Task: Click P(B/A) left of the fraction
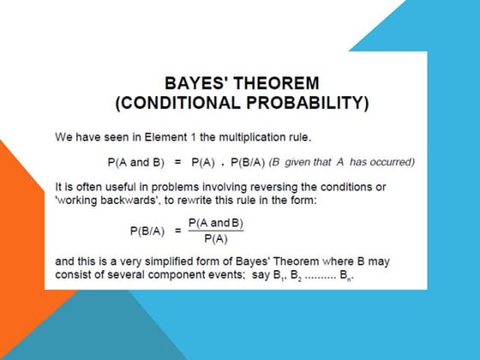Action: (147, 231)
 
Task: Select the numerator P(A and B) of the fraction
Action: (214, 222)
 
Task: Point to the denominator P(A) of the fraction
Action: (214, 239)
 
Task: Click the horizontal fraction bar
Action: (214, 231)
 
